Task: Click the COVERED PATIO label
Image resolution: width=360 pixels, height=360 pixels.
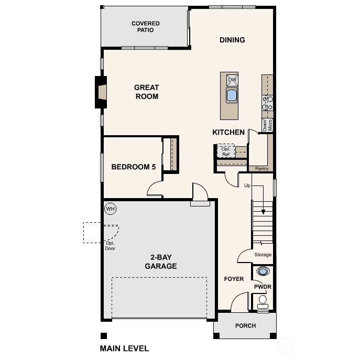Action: pos(145,27)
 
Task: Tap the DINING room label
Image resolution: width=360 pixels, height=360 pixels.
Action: pos(232,40)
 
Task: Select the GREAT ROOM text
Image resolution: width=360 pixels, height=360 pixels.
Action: pos(146,92)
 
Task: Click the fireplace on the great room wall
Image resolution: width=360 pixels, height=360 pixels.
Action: pos(101,92)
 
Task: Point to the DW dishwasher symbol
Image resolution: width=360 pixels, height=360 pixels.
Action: pos(232,80)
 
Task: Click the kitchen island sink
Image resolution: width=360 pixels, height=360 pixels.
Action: pos(232,95)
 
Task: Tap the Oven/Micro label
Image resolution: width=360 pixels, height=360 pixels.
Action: pos(267,125)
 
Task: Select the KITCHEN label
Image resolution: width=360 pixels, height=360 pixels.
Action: pos(228,132)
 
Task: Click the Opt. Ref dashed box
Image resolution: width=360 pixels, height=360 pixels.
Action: pos(226,151)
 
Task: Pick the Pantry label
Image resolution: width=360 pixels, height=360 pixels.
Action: pos(261,169)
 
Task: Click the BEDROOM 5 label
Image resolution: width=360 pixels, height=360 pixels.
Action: pos(134,167)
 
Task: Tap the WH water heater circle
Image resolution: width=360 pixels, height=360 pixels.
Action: pos(110,208)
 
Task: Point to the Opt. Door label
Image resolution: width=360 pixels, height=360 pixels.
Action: pos(110,246)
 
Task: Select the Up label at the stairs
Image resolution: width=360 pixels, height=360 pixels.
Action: pos(247,186)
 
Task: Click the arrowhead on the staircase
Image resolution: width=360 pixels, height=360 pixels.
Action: pos(264,212)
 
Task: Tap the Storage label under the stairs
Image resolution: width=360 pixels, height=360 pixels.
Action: pos(263,255)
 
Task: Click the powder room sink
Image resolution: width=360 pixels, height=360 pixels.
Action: pos(263,271)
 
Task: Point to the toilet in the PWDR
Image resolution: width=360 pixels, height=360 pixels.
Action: pos(263,301)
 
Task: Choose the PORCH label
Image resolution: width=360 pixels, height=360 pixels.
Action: pos(245,325)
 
